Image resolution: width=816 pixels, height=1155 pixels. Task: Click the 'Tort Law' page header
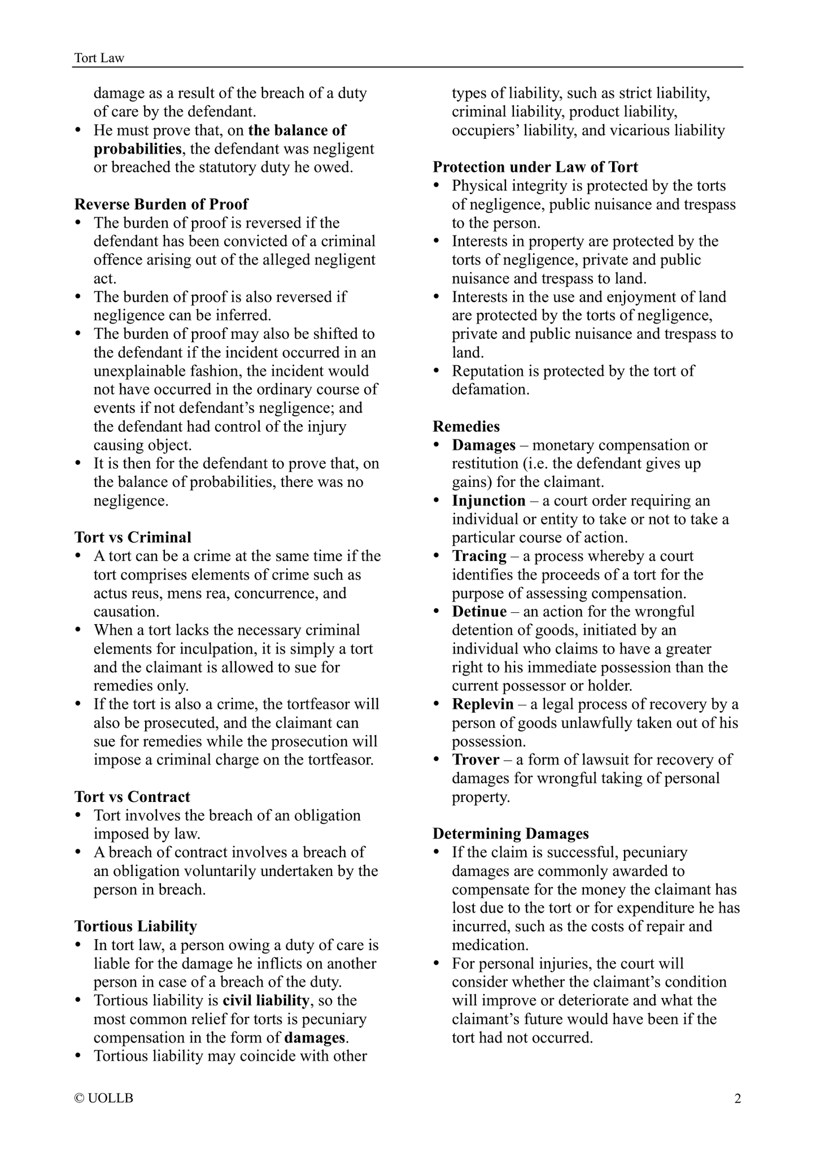pyautogui.click(x=99, y=58)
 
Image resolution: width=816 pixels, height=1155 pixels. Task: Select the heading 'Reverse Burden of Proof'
pyautogui.click(x=162, y=204)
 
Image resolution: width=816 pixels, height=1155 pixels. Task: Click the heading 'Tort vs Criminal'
pyautogui.click(x=133, y=537)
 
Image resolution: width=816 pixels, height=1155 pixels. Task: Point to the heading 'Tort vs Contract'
pyautogui.click(x=132, y=797)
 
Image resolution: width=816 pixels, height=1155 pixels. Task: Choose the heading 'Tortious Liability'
pyautogui.click(x=136, y=926)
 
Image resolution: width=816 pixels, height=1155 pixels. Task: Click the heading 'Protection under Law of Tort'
pyautogui.click(x=535, y=167)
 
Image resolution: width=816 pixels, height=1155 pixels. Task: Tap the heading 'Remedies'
pyautogui.click(x=466, y=426)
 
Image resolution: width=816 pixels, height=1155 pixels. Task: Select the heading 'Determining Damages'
pyautogui.click(x=510, y=834)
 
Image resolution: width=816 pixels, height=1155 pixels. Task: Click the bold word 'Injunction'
pyautogui.click(x=488, y=501)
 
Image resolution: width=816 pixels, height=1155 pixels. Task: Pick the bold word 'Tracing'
pyautogui.click(x=479, y=556)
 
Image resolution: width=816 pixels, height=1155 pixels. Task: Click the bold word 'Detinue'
pyautogui.click(x=479, y=612)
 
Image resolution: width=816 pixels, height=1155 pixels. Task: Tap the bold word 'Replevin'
pyautogui.click(x=483, y=704)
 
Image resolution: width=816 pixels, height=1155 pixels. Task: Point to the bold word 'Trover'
pyautogui.click(x=475, y=760)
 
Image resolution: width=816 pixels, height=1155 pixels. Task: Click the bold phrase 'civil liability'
pyautogui.click(x=266, y=1001)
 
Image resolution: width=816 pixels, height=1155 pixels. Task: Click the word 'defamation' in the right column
pyautogui.click(x=490, y=390)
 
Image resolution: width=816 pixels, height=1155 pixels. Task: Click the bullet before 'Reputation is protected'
pyautogui.click(x=436, y=371)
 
